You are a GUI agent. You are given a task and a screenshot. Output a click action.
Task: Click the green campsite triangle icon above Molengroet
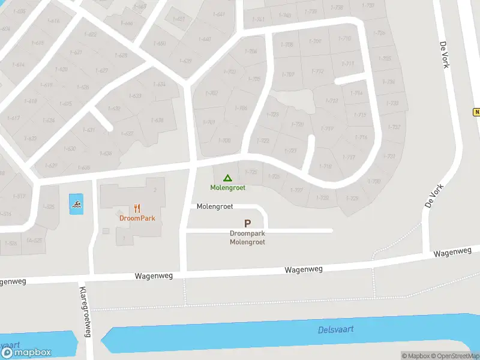pos(227,178)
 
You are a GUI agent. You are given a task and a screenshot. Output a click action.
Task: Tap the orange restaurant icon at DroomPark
pos(137,208)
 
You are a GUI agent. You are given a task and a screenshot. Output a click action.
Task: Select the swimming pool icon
pos(76,204)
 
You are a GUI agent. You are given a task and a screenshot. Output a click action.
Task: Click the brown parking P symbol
pos(247,223)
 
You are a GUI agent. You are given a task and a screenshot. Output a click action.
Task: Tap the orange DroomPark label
pos(137,218)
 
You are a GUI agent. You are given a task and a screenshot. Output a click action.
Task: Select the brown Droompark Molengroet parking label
pos(247,238)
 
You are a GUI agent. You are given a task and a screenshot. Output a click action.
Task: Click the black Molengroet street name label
pos(215,206)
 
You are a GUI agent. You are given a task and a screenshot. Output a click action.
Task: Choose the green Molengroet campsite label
pos(227,188)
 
